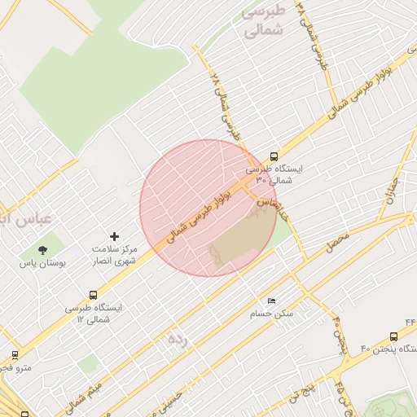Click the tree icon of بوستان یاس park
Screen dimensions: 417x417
42,250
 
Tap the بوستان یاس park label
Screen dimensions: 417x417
41,264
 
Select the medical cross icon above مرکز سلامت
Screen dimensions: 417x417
114,236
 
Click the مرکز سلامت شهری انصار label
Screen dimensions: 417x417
114,254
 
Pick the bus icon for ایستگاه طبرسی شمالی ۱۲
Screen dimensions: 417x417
93,296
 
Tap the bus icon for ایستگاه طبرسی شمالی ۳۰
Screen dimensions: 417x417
274,156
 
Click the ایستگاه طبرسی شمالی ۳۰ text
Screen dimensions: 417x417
274,174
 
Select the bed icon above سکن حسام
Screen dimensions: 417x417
271,301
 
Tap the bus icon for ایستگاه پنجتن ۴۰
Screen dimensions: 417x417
394,336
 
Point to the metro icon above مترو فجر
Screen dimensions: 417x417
15,355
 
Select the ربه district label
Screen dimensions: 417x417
177,338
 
